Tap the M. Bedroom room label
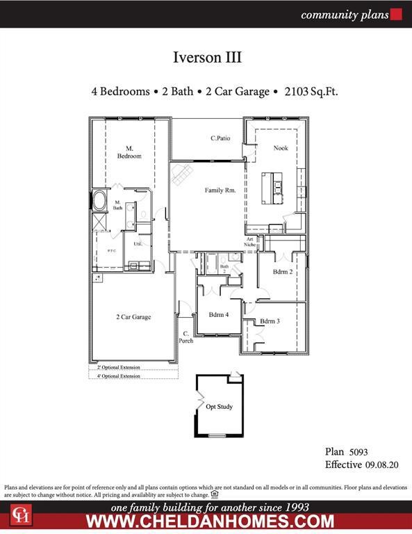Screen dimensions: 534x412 click(129, 152)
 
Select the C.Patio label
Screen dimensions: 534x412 click(220, 138)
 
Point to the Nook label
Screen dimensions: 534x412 click(280, 148)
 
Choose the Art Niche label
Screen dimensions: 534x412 click(250, 242)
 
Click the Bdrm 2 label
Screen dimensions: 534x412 click(282, 272)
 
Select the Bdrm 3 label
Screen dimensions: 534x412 click(270, 321)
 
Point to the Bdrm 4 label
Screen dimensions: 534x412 click(218, 315)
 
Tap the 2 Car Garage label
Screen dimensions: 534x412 click(133, 317)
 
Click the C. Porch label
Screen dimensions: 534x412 click(187, 337)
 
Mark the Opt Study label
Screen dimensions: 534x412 click(219, 407)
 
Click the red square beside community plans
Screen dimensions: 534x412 click(397, 15)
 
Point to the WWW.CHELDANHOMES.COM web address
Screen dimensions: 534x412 click(209, 521)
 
